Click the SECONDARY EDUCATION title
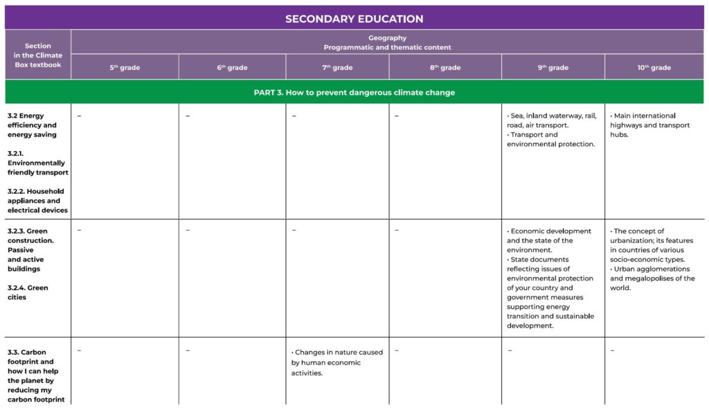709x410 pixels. coord(354,19)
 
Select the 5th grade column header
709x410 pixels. coord(125,67)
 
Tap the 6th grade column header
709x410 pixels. coord(232,67)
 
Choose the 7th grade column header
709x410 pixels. coord(337,67)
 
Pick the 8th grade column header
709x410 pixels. coord(445,67)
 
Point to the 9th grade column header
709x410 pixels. coord(553,67)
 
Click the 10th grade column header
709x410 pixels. coord(654,67)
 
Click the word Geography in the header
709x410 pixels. coord(387,38)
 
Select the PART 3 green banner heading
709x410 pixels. coord(354,92)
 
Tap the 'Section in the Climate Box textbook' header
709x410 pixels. coord(38,55)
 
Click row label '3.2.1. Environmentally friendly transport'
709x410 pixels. coord(38,163)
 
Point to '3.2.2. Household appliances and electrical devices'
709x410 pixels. coord(38,201)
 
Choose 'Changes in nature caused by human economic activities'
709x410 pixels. coord(337,362)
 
